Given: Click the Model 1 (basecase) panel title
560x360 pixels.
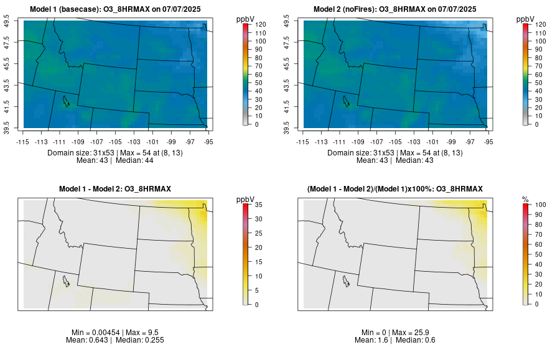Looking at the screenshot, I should [118, 9].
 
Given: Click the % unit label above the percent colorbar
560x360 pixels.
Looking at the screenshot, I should [525, 199].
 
